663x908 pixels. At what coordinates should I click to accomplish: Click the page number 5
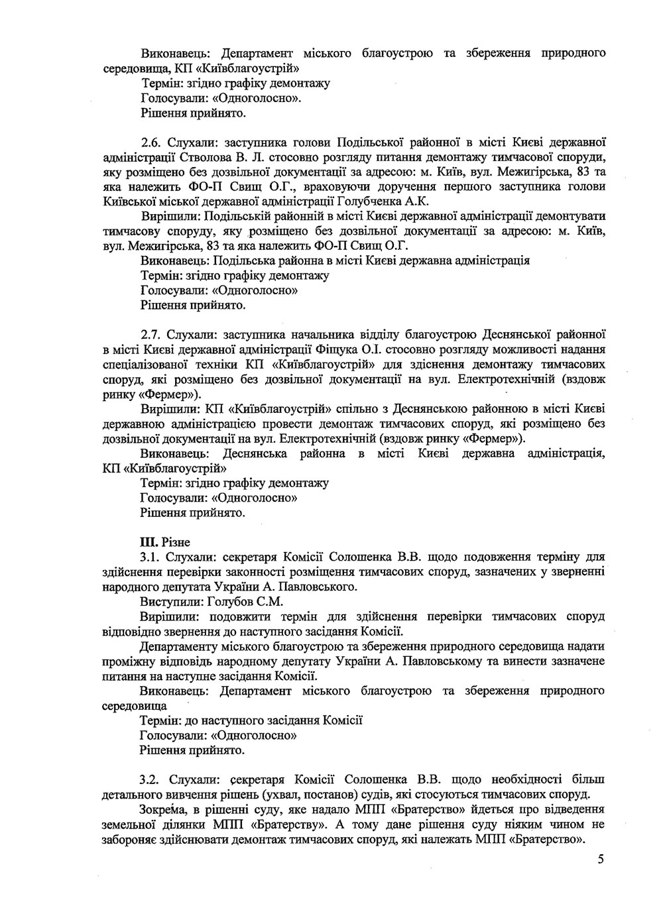click(601, 860)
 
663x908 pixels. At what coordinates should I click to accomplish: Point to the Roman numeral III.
click(148, 542)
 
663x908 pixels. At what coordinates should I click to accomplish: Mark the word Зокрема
click(162, 809)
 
